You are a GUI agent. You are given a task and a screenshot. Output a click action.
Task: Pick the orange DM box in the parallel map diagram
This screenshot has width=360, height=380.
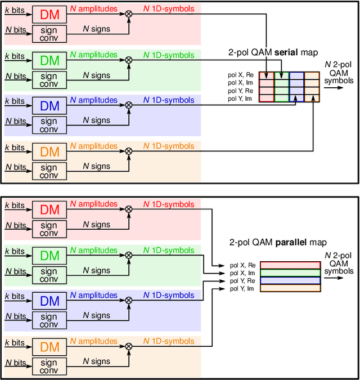point(49,347)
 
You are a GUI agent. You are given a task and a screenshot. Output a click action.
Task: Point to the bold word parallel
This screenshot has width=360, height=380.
point(290,243)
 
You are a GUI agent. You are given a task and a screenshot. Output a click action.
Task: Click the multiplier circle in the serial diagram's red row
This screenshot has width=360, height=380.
point(129,13)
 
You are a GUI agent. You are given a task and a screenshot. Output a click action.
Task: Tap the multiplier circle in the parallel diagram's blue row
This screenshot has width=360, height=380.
point(129,301)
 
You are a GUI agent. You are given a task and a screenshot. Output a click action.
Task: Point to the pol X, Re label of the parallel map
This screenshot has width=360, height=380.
point(242,265)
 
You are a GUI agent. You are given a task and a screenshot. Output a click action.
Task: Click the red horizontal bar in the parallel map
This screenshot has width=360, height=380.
point(290,265)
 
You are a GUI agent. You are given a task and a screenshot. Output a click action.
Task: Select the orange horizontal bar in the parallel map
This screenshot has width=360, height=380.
point(290,288)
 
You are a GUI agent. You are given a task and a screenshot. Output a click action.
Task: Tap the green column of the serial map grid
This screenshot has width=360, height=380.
point(281,87)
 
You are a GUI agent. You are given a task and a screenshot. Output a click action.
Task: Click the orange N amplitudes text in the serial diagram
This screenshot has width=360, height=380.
point(93,146)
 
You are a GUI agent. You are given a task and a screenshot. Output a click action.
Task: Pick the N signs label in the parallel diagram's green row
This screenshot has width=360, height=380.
point(97,270)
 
